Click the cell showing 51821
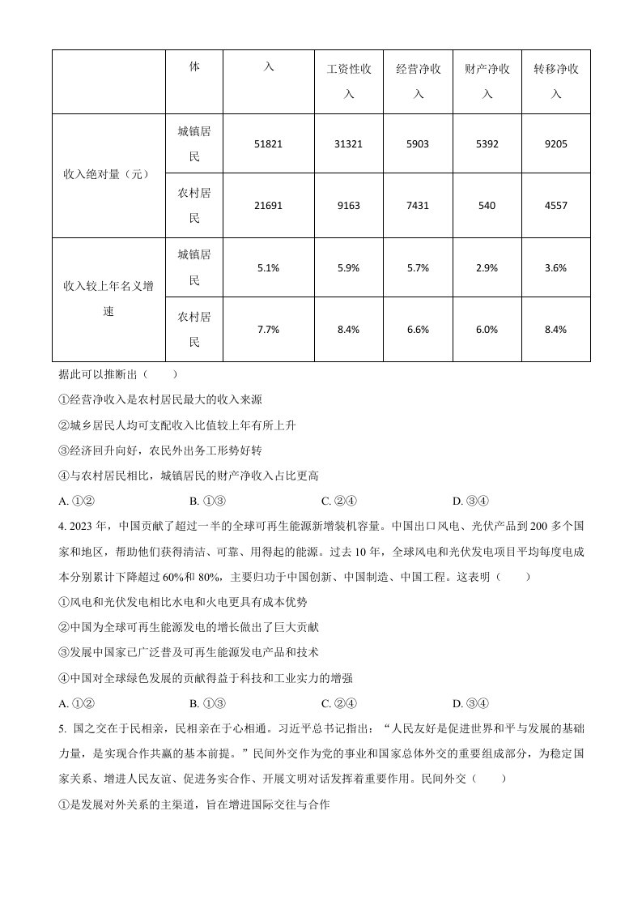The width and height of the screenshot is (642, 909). click(268, 144)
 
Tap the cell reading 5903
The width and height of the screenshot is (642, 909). click(418, 144)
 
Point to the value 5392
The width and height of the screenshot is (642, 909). click(487, 144)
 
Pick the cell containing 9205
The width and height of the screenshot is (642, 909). click(556, 144)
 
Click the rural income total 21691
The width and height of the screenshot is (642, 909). click(268, 206)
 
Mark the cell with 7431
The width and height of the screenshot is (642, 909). click(418, 206)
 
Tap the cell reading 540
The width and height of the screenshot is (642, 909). click(487, 206)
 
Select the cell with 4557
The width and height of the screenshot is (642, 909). click(556, 206)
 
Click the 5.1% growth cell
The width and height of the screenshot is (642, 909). click(268, 267)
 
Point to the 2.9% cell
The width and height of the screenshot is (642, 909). click(487, 267)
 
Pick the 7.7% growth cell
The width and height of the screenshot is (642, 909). click(268, 329)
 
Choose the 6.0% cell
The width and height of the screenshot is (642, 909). click(487, 329)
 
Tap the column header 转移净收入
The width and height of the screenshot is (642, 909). click(556, 82)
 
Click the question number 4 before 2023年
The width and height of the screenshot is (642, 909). click(62, 526)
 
